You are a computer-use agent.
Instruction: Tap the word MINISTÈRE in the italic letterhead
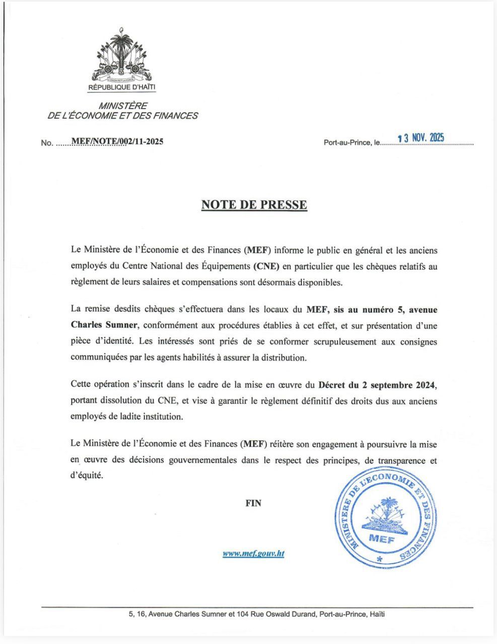click(x=123, y=106)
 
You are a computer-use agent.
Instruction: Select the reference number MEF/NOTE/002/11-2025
click(x=117, y=141)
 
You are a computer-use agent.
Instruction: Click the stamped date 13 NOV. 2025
click(x=420, y=138)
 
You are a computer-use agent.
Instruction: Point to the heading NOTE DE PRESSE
click(x=254, y=205)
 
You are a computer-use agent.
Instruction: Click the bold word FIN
click(x=253, y=503)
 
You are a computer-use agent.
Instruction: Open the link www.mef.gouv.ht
click(x=254, y=553)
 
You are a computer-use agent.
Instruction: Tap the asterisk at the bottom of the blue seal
click(x=380, y=559)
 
